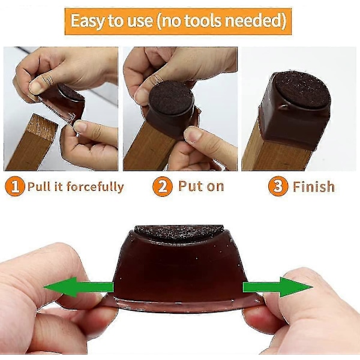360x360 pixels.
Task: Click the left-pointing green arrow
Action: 78,287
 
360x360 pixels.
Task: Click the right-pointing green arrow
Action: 278,287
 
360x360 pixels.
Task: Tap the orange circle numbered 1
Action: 14,186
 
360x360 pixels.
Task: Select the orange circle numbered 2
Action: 163,186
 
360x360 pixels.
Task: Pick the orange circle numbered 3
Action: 278,186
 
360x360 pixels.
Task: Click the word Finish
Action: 314,187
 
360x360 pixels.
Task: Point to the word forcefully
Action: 95,187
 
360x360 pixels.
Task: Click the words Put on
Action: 201,186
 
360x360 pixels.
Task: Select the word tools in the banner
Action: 203,20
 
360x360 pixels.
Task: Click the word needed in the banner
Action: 253,20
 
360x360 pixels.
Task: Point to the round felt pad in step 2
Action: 171,98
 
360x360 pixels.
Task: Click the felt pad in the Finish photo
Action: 302,89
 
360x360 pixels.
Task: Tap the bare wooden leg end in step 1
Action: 42,127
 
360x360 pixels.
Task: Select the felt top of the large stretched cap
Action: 179,233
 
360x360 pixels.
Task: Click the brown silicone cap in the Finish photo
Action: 295,110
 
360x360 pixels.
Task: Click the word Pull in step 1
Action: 39,186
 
